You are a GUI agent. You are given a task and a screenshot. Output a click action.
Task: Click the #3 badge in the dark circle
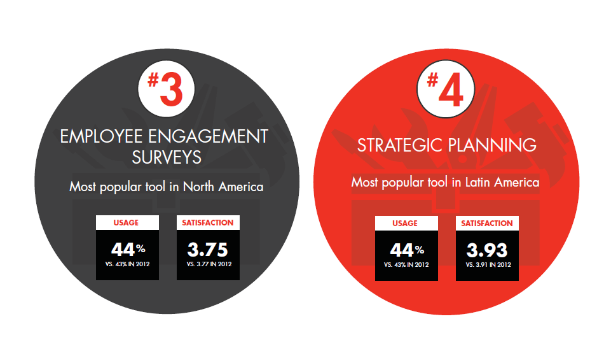pos(167,89)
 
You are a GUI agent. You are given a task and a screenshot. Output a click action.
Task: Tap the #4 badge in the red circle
pos(446,89)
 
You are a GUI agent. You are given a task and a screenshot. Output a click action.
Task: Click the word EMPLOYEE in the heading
pos(102,136)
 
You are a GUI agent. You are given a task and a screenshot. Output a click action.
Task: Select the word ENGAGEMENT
pos(209,136)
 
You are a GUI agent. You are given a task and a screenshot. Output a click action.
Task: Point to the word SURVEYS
pos(167,157)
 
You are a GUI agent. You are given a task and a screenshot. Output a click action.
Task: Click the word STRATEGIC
pos(399,145)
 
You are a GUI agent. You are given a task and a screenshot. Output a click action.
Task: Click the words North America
pos(223,187)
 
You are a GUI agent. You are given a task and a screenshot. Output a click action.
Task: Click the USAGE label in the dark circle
pos(126,223)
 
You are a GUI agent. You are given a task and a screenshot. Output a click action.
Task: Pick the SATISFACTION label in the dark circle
pos(208,223)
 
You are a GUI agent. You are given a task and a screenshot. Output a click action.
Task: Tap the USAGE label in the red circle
pos(405,224)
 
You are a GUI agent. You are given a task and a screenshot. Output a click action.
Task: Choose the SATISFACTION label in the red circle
pos(487,224)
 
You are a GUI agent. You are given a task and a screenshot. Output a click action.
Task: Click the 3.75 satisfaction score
pos(208,250)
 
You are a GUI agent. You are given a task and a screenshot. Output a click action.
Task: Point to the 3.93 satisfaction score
pos(487,250)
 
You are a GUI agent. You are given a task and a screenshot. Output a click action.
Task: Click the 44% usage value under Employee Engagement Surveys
pos(128,250)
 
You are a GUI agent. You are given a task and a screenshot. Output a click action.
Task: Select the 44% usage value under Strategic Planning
pos(407,250)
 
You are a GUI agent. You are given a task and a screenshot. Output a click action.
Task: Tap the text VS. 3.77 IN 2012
pos(209,264)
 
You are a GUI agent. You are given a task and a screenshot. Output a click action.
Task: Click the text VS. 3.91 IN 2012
pos(488,265)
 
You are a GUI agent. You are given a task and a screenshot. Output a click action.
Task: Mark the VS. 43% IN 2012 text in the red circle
pos(406,265)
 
